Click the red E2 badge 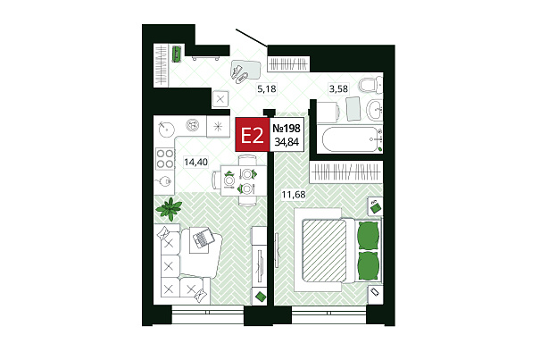(253, 135)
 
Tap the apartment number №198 (287, 129)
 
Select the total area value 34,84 (287, 142)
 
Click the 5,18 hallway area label (267, 89)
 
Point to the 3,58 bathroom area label (338, 89)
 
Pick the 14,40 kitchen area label (195, 162)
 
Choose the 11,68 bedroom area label (294, 195)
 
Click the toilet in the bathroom (370, 85)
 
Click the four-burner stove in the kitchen (164, 159)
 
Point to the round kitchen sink (166, 129)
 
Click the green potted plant (169, 209)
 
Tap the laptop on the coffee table (202, 238)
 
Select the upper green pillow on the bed (369, 236)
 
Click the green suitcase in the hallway (177, 54)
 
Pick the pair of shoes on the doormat (239, 74)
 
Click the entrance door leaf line (252, 38)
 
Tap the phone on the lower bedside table (375, 292)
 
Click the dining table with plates (243, 180)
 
